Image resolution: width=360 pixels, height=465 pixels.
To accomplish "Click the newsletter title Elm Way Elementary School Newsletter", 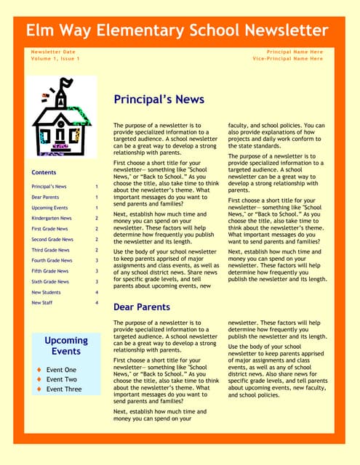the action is coord(177,31).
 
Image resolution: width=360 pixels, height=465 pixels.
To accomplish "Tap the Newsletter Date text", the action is coord(53,52).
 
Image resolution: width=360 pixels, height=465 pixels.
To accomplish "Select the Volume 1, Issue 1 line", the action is coord(55,59).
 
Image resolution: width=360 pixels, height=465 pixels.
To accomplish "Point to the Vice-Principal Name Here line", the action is coord(288,59).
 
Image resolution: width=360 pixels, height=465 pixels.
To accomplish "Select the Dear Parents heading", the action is coord(142,307).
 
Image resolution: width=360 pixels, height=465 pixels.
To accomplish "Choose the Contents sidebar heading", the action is coord(44,173).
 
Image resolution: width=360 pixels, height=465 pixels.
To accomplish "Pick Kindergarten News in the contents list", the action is coord(52,218).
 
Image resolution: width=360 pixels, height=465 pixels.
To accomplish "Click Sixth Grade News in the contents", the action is coord(50,281).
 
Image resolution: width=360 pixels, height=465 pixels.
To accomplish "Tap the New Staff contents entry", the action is coord(42,302).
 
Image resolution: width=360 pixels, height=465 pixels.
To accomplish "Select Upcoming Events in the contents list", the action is coord(49,208).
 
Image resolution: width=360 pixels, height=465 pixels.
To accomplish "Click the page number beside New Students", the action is coord(97,292).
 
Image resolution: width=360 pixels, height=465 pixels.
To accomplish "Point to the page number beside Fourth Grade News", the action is coord(97,260).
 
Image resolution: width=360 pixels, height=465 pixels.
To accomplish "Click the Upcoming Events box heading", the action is coord(66,346).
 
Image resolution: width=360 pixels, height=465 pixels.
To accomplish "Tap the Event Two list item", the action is coord(61,379).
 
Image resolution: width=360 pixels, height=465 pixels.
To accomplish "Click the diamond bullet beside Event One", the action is coord(38,370).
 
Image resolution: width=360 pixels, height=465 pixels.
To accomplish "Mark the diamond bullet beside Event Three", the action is coord(38,389).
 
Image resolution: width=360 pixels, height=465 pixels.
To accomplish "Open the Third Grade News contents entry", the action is coord(51,250).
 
